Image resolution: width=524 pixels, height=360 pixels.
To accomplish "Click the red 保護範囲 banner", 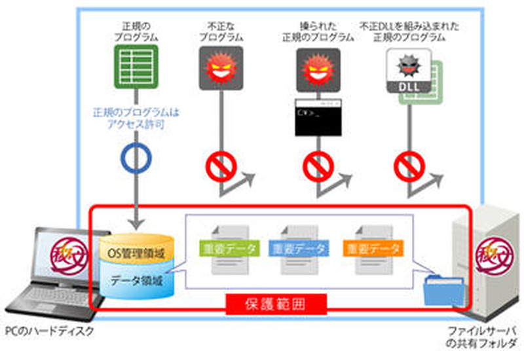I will tap(276, 304).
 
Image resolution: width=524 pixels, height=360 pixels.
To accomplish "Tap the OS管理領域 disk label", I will tap(136, 252).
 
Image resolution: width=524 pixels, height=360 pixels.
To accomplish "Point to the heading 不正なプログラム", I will tap(221, 31).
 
